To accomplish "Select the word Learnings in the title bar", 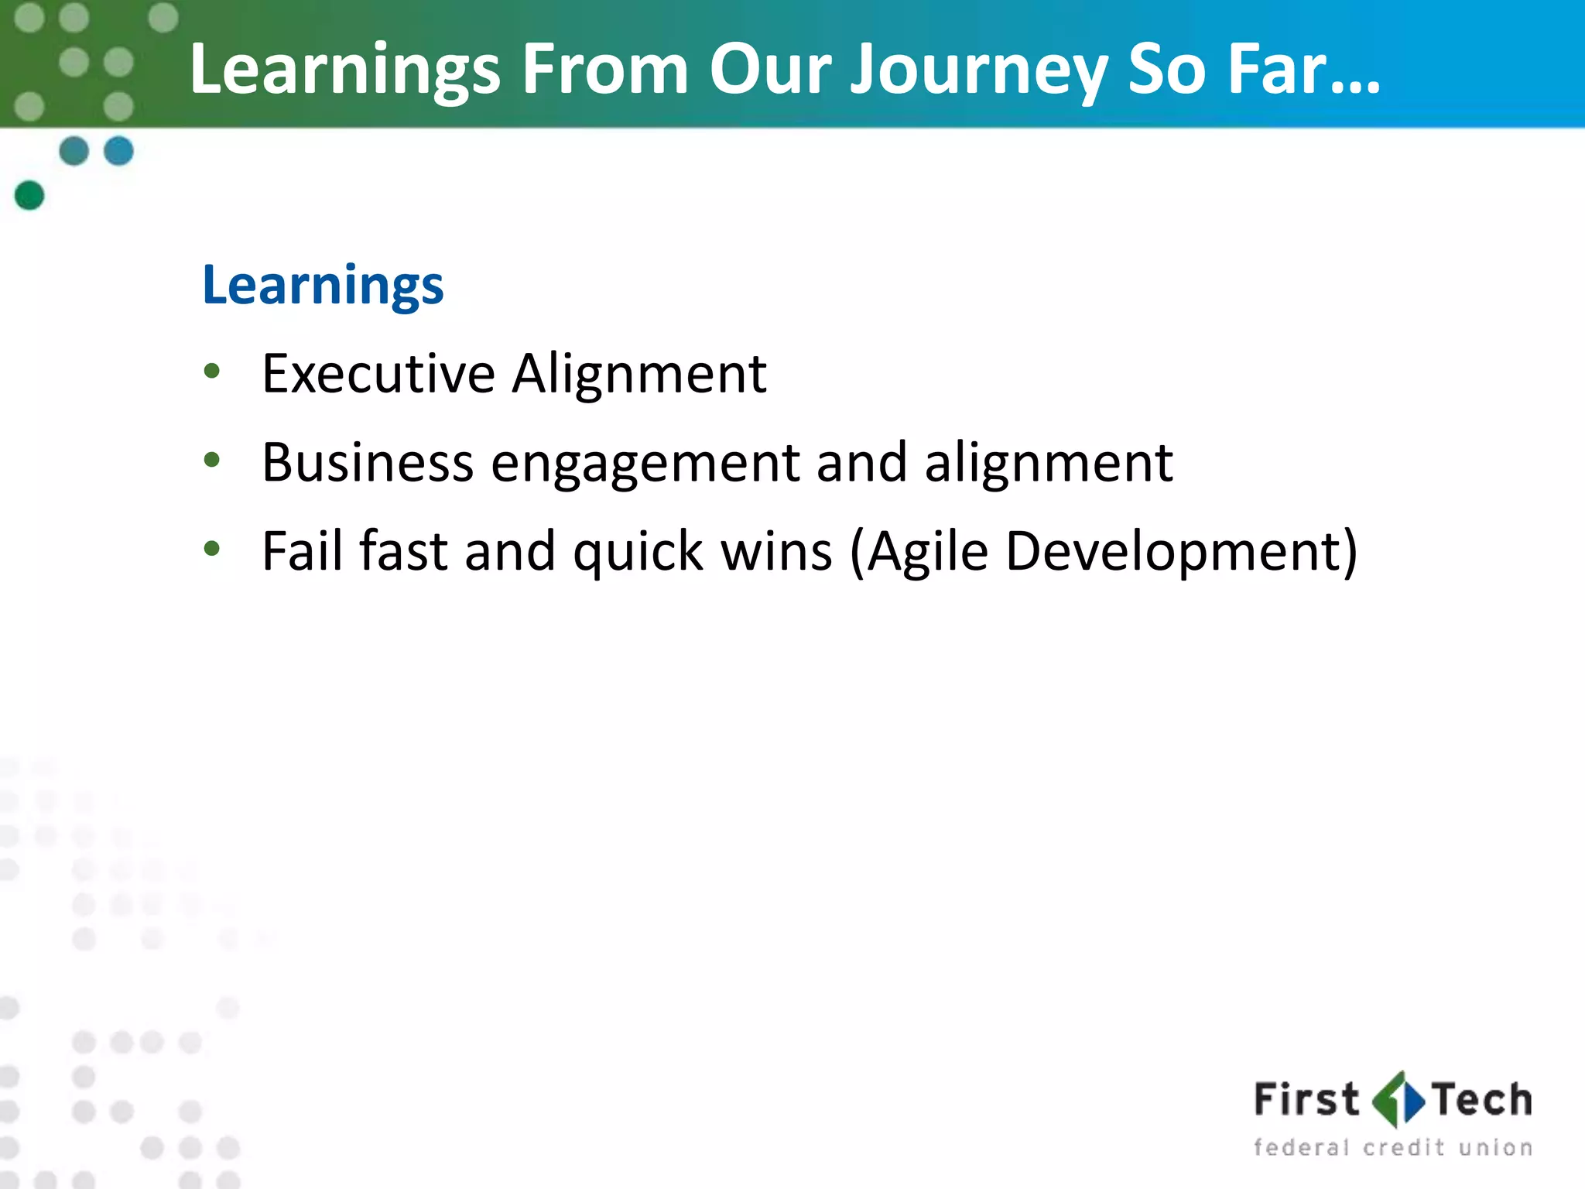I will point(345,71).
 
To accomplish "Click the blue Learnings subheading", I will point(323,286).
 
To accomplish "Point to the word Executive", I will point(378,375).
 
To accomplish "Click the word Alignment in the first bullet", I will point(639,375).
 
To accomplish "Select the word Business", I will point(367,463).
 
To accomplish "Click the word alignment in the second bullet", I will point(1049,463).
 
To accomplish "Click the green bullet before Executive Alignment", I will point(212,372).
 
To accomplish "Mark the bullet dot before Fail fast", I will point(212,549).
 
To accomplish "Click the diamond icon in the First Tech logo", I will point(1398,1100).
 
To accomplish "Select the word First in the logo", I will point(1306,1100).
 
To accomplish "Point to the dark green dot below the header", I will point(29,195).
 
